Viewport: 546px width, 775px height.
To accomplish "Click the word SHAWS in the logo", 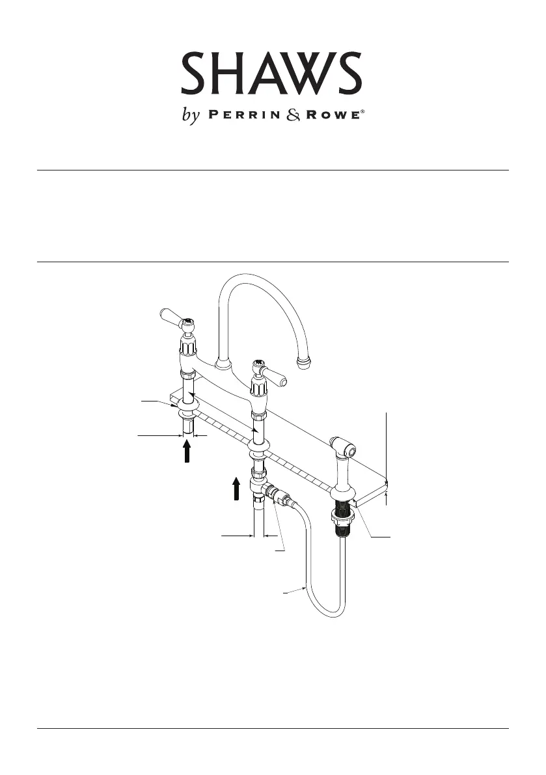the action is tap(271, 74).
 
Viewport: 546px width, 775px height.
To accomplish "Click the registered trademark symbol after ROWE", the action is tap(362, 113).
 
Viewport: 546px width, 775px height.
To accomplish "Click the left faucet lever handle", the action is tap(170, 318).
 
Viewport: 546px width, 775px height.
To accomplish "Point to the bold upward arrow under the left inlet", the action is tap(187, 452).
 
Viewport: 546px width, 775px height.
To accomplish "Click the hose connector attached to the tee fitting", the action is tap(281, 494).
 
